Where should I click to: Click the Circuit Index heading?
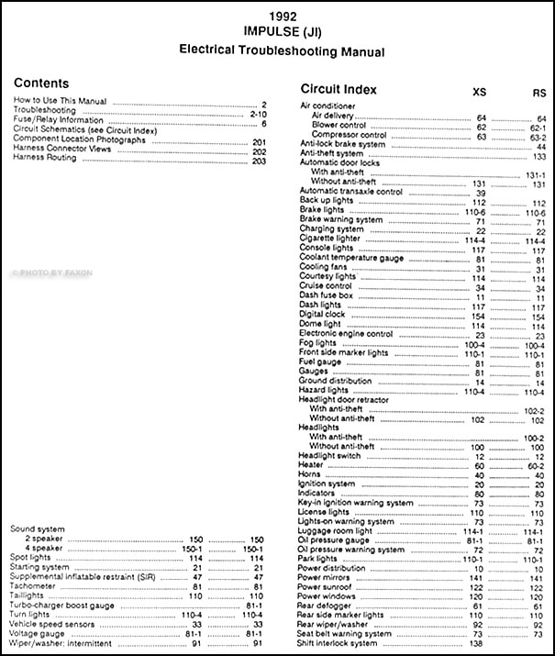(x=338, y=90)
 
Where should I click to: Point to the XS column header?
(x=479, y=93)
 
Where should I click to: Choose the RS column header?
(x=538, y=93)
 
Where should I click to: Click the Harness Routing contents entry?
(x=46, y=158)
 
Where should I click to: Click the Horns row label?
(x=311, y=474)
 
